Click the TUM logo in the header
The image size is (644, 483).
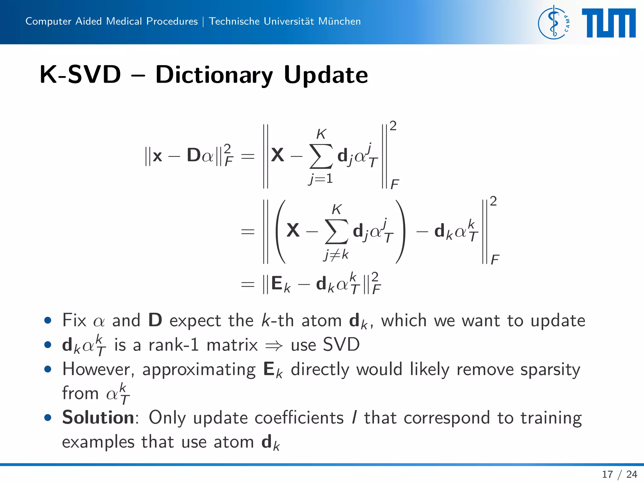pos(608,23)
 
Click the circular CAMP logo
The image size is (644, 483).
pos(553,22)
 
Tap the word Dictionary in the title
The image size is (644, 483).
pos(214,75)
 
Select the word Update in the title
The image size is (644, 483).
pos(326,75)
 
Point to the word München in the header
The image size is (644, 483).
pos(339,21)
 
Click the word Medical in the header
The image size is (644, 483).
pos(124,21)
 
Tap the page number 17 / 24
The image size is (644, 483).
pos(619,474)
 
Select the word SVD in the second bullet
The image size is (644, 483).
pos(341,345)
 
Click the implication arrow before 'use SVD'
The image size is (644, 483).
pos(274,346)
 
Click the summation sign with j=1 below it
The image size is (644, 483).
pos(321,156)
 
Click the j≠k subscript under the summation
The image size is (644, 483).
pos(336,254)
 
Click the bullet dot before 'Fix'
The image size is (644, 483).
pos(48,320)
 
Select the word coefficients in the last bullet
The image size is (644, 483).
pos(299,418)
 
